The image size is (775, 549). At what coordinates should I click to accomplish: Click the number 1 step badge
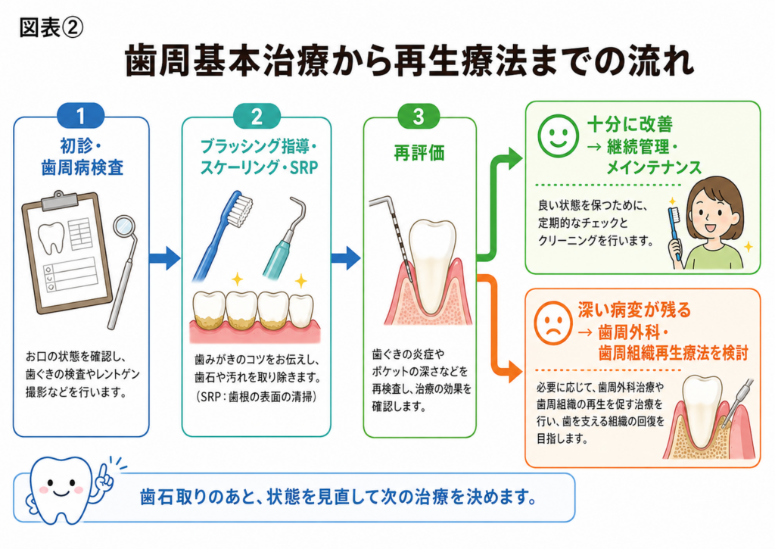click(x=80, y=116)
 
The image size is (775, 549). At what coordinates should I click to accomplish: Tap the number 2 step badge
click(x=257, y=116)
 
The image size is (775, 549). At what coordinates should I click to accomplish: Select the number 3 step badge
click(x=419, y=116)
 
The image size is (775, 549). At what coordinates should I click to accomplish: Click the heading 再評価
click(x=419, y=153)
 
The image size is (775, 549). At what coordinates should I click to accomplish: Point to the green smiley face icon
click(x=558, y=136)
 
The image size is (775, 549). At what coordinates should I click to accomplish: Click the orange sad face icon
click(x=553, y=323)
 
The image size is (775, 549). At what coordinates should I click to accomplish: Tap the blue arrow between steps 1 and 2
click(x=164, y=257)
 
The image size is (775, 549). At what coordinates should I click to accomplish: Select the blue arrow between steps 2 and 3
click(x=346, y=257)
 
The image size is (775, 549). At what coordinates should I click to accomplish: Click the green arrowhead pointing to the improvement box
click(x=514, y=159)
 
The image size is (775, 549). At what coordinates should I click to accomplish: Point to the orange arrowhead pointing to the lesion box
click(x=514, y=371)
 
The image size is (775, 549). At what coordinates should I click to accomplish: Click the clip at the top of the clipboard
click(x=60, y=200)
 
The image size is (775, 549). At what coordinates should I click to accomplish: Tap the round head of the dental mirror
click(x=123, y=226)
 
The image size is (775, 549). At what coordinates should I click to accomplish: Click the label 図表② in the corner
click(x=51, y=28)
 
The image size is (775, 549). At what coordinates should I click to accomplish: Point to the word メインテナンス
click(x=654, y=167)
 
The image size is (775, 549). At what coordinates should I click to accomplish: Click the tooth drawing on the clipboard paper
click(x=52, y=239)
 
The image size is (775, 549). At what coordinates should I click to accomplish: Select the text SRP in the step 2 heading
click(x=304, y=168)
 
